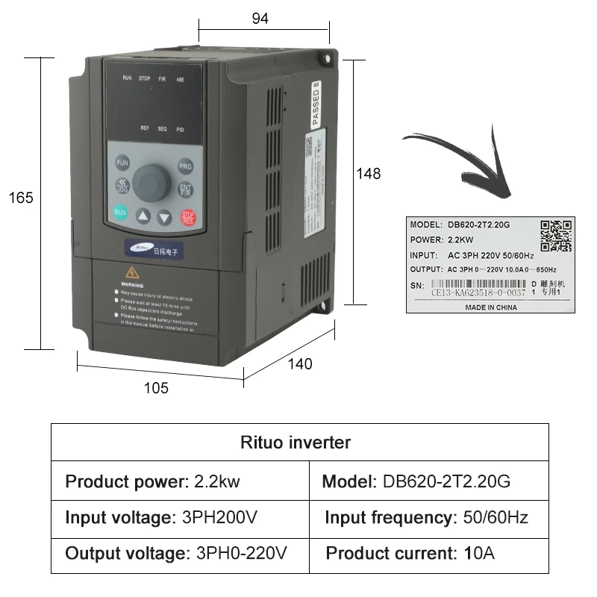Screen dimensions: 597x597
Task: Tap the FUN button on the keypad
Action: pyautogui.click(x=122, y=163)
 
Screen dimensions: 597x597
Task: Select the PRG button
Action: pyautogui.click(x=185, y=166)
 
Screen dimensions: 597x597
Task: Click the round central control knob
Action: pyautogui.click(x=153, y=181)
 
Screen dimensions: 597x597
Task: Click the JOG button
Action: pyautogui.click(x=121, y=186)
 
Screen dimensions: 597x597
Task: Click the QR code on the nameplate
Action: pyautogui.click(x=556, y=236)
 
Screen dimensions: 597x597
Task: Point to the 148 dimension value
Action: pyautogui.click(x=368, y=174)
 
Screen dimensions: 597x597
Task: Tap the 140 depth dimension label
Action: pyautogui.click(x=299, y=364)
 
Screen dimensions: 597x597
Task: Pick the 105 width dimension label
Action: pyautogui.click(x=156, y=388)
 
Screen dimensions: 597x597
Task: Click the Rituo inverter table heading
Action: pyautogui.click(x=296, y=443)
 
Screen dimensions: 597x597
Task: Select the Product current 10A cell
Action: pyautogui.click(x=410, y=554)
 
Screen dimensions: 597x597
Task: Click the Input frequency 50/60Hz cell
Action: pyautogui.click(x=426, y=518)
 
